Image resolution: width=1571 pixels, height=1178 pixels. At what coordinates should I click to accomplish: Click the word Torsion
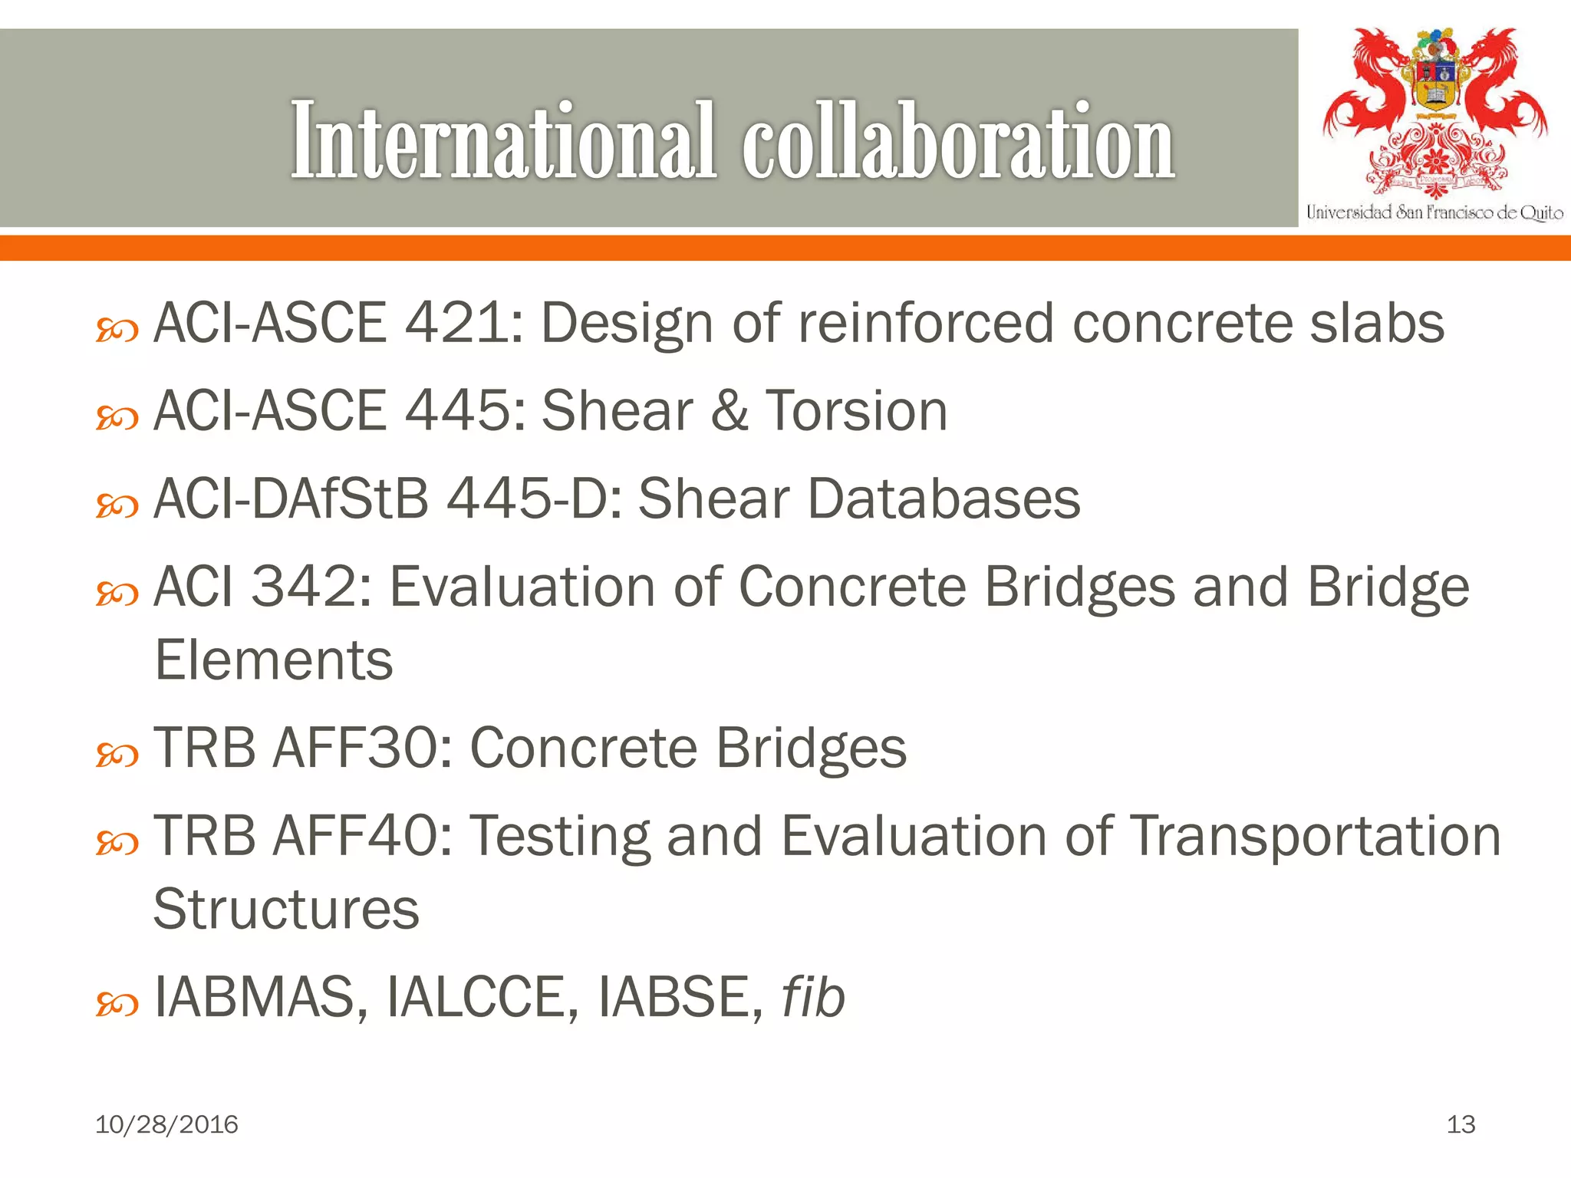857,411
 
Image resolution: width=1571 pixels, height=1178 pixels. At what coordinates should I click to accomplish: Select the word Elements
274,660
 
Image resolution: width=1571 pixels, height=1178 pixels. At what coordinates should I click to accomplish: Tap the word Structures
286,910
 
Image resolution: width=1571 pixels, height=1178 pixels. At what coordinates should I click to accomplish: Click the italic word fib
813,997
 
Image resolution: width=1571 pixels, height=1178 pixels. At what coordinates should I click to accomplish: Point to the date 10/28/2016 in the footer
166,1124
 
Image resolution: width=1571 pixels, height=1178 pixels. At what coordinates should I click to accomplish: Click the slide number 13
1461,1124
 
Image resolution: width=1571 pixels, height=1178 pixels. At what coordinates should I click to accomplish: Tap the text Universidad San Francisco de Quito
1434,212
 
